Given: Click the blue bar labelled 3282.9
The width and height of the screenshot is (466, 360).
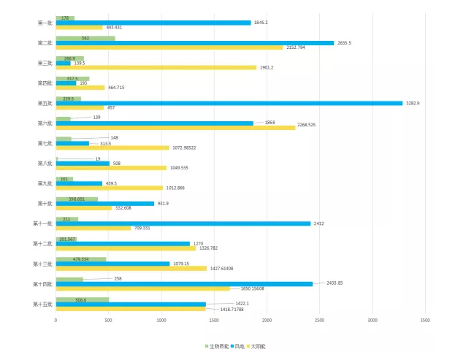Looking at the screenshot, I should click(229, 103).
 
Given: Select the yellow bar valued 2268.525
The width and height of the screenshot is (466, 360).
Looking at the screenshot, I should click(175, 128).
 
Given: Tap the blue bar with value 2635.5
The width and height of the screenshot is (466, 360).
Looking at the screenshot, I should click(194, 43).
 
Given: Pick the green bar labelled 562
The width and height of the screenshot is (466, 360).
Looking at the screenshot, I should click(85, 38).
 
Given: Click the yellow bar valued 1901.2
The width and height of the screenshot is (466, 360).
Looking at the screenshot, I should click(156, 68).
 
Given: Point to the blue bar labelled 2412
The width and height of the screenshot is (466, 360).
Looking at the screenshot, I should click(183, 223).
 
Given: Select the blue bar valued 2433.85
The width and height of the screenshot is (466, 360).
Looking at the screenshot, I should click(184, 283).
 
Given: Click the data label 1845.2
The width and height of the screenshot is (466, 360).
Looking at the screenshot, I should click(261, 23).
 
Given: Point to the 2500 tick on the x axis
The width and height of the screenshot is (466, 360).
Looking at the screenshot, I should click(319, 320).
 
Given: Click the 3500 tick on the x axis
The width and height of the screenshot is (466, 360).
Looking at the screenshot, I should click(425, 320).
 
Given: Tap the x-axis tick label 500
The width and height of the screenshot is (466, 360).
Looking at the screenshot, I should click(108, 320).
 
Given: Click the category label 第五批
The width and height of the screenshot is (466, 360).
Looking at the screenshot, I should click(45, 103).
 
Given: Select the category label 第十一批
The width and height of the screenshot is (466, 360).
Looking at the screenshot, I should click(42, 223).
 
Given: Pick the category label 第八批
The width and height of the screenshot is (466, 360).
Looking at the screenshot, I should click(45, 163).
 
